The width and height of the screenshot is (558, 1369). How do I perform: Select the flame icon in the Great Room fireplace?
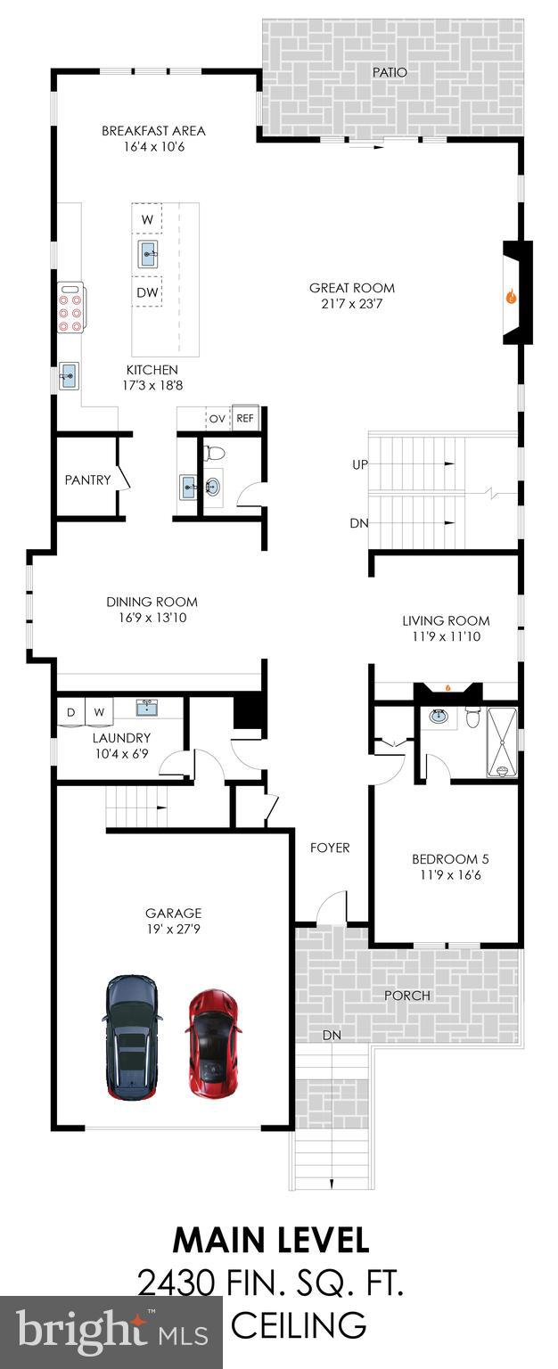tap(511, 298)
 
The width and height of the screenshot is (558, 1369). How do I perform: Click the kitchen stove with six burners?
tap(70, 307)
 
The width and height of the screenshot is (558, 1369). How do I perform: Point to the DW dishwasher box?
tap(147, 291)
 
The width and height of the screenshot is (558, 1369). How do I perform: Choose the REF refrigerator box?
tap(244, 417)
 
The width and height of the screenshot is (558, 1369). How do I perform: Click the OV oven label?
tap(217, 418)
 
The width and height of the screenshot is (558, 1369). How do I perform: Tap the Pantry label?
tap(87, 480)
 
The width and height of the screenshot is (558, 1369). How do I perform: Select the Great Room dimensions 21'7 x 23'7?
tap(351, 304)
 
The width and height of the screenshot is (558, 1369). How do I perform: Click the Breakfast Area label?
tap(153, 130)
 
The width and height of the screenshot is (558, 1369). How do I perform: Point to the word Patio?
tap(390, 72)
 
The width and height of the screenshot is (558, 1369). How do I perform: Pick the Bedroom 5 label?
tap(449, 859)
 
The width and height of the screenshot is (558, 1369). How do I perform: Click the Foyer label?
tap(329, 848)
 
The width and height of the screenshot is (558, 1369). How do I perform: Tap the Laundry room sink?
tap(147, 708)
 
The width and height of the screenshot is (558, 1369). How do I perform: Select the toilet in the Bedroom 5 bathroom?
tap(473, 717)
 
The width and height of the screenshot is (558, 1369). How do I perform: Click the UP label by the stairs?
tap(358, 464)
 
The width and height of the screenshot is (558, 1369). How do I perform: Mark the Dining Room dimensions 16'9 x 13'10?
tap(152, 617)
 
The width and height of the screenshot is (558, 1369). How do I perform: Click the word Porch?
tap(406, 995)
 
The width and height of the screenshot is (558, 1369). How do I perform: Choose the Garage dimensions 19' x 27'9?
tap(173, 928)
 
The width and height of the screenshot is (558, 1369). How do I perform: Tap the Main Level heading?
tap(270, 1240)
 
